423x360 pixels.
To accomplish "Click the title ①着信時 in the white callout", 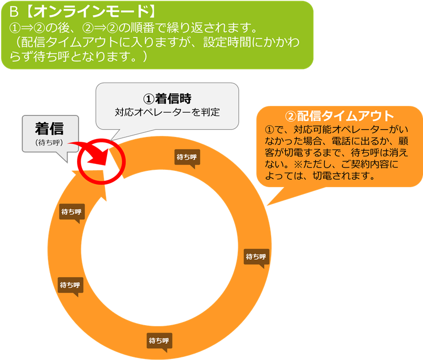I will pyautogui.click(x=167, y=99).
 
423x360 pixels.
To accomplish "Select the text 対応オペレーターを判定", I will pyautogui.click(x=167, y=112).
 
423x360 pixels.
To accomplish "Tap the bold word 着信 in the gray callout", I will pyautogui.click(x=49, y=129).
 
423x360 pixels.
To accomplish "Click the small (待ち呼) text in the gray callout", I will pyautogui.click(x=49, y=142).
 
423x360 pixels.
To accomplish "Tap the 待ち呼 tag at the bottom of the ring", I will pyautogui.click(x=159, y=340).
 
